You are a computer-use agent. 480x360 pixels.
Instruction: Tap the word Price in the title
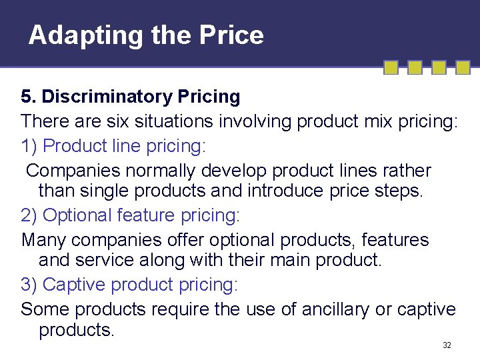pyautogui.click(x=235, y=35)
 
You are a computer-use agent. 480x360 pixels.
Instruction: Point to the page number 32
pyautogui.click(x=447, y=345)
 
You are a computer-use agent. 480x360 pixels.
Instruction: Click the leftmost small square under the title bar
pyautogui.click(x=392, y=67)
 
